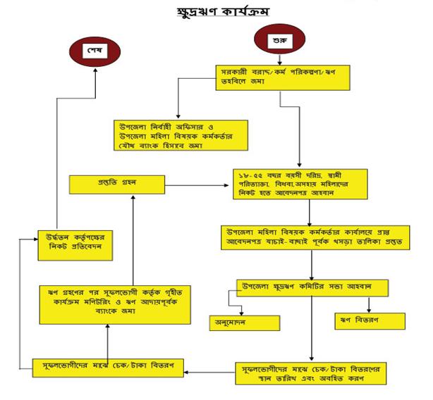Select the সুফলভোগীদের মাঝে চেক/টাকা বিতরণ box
pyautogui.click(x=108, y=366)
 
